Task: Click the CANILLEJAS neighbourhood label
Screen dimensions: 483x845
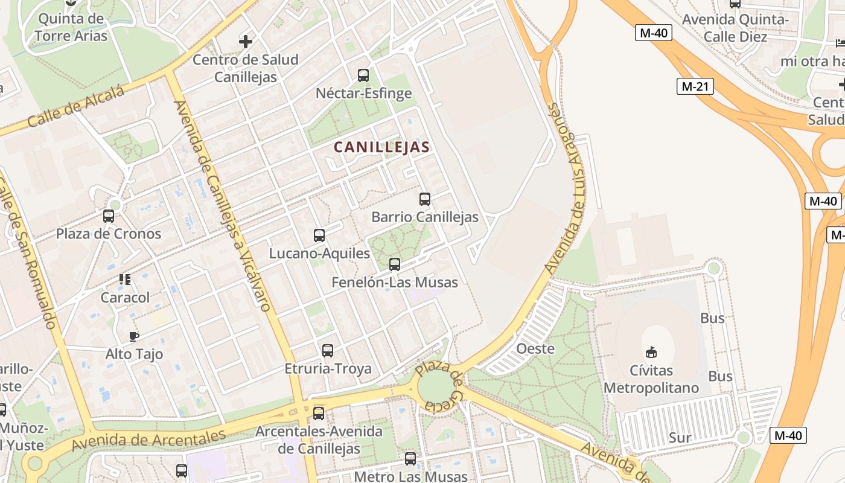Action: (x=381, y=147)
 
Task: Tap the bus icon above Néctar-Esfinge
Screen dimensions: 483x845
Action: (x=363, y=75)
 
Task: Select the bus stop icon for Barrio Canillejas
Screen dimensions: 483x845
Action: (x=425, y=199)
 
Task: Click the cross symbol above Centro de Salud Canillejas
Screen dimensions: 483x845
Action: (x=246, y=42)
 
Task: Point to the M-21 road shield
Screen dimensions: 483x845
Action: (x=695, y=86)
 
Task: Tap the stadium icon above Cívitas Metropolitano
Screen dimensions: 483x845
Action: (x=651, y=352)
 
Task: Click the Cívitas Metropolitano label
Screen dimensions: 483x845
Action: (x=651, y=379)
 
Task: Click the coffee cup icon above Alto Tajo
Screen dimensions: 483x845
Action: (x=134, y=336)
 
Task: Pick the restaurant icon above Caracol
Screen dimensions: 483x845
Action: (x=125, y=279)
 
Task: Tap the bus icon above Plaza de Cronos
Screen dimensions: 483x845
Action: (x=109, y=216)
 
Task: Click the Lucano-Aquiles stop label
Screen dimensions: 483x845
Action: (x=319, y=254)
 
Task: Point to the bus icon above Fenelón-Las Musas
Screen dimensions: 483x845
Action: (x=395, y=264)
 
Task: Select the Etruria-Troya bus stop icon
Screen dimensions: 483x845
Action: (x=328, y=351)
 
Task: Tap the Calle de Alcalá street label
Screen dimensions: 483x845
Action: (x=75, y=107)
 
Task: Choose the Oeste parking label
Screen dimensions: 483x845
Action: (x=535, y=348)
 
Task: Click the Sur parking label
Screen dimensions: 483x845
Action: (x=680, y=438)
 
